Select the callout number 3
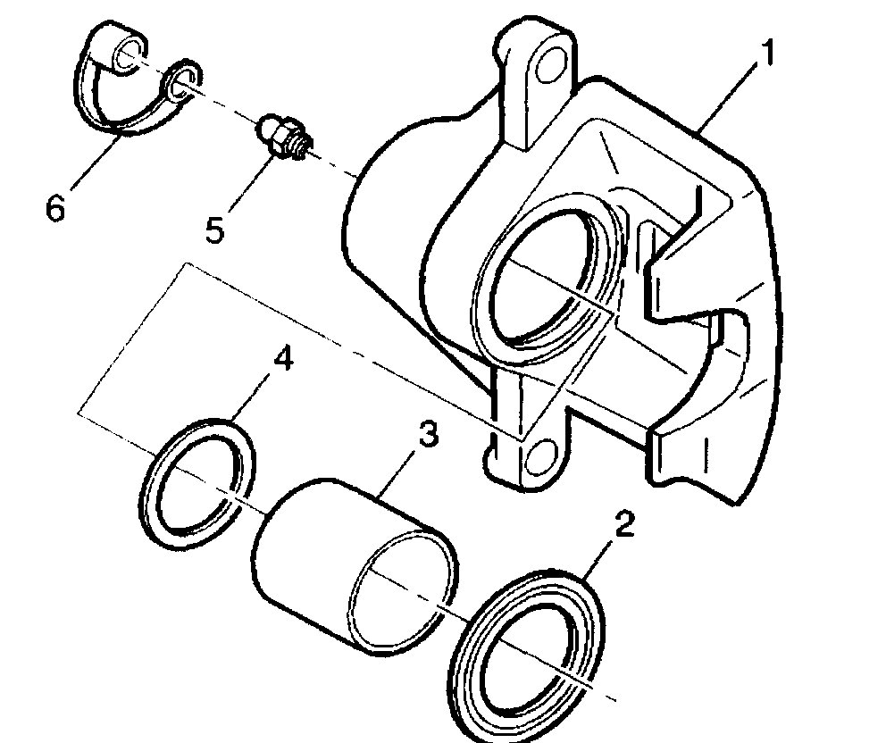(427, 438)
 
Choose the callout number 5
(214, 229)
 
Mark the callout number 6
(55, 211)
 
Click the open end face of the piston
(403, 590)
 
